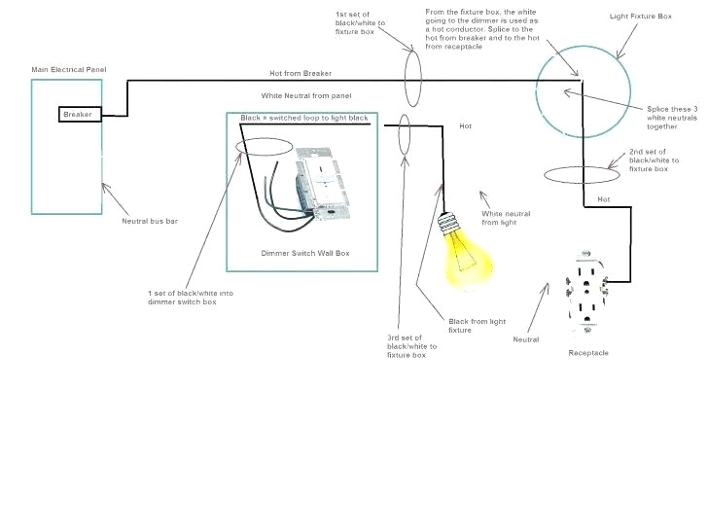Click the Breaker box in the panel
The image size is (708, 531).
[x=77, y=114]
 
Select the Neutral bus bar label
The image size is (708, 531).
[x=149, y=221]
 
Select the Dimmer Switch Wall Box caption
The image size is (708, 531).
[x=304, y=253]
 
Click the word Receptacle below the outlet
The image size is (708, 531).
[x=588, y=353]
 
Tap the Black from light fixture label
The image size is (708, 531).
[x=478, y=325]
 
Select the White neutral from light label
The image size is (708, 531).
[x=506, y=218]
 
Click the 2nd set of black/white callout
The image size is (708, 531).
[x=648, y=161]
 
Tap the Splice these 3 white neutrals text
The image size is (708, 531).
[x=671, y=118]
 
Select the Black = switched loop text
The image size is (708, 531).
[x=304, y=118]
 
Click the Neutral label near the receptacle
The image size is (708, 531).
[x=526, y=339]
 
